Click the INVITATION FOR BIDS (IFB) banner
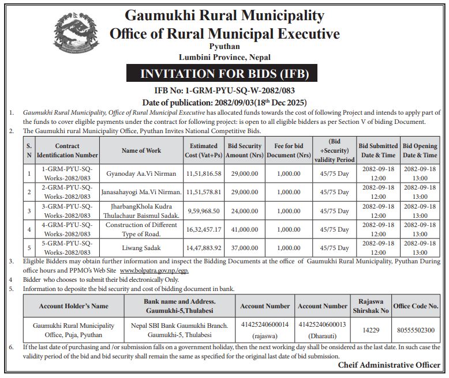coord(225,74)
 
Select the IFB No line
coord(225,90)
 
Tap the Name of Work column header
coord(141,151)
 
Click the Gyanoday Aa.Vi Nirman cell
coord(141,173)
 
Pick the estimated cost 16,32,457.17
coord(204,229)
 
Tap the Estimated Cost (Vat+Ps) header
coord(204,151)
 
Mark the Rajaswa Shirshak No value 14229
coord(371,330)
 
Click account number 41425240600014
coord(265,325)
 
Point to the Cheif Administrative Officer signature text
coord(390,365)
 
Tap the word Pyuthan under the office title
coord(224,47)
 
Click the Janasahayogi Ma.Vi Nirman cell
coord(141,192)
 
